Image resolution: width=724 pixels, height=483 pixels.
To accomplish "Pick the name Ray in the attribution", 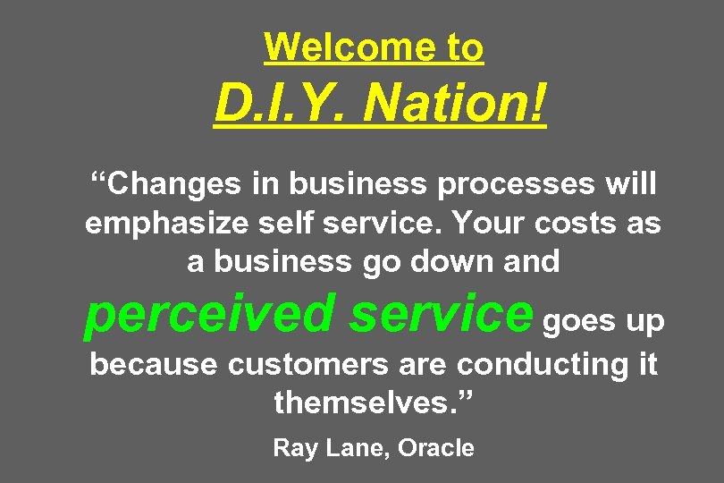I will click(291, 448).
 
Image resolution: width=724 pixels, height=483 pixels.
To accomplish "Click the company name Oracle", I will click(436, 447).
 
